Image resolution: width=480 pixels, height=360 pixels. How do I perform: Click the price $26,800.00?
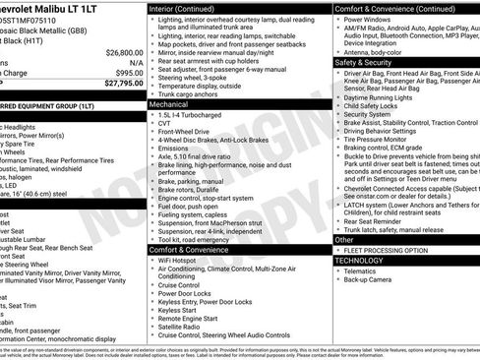click(123, 52)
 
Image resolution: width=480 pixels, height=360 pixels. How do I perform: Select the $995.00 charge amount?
click(128, 73)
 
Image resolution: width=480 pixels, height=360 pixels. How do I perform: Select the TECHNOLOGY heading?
click(358, 261)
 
